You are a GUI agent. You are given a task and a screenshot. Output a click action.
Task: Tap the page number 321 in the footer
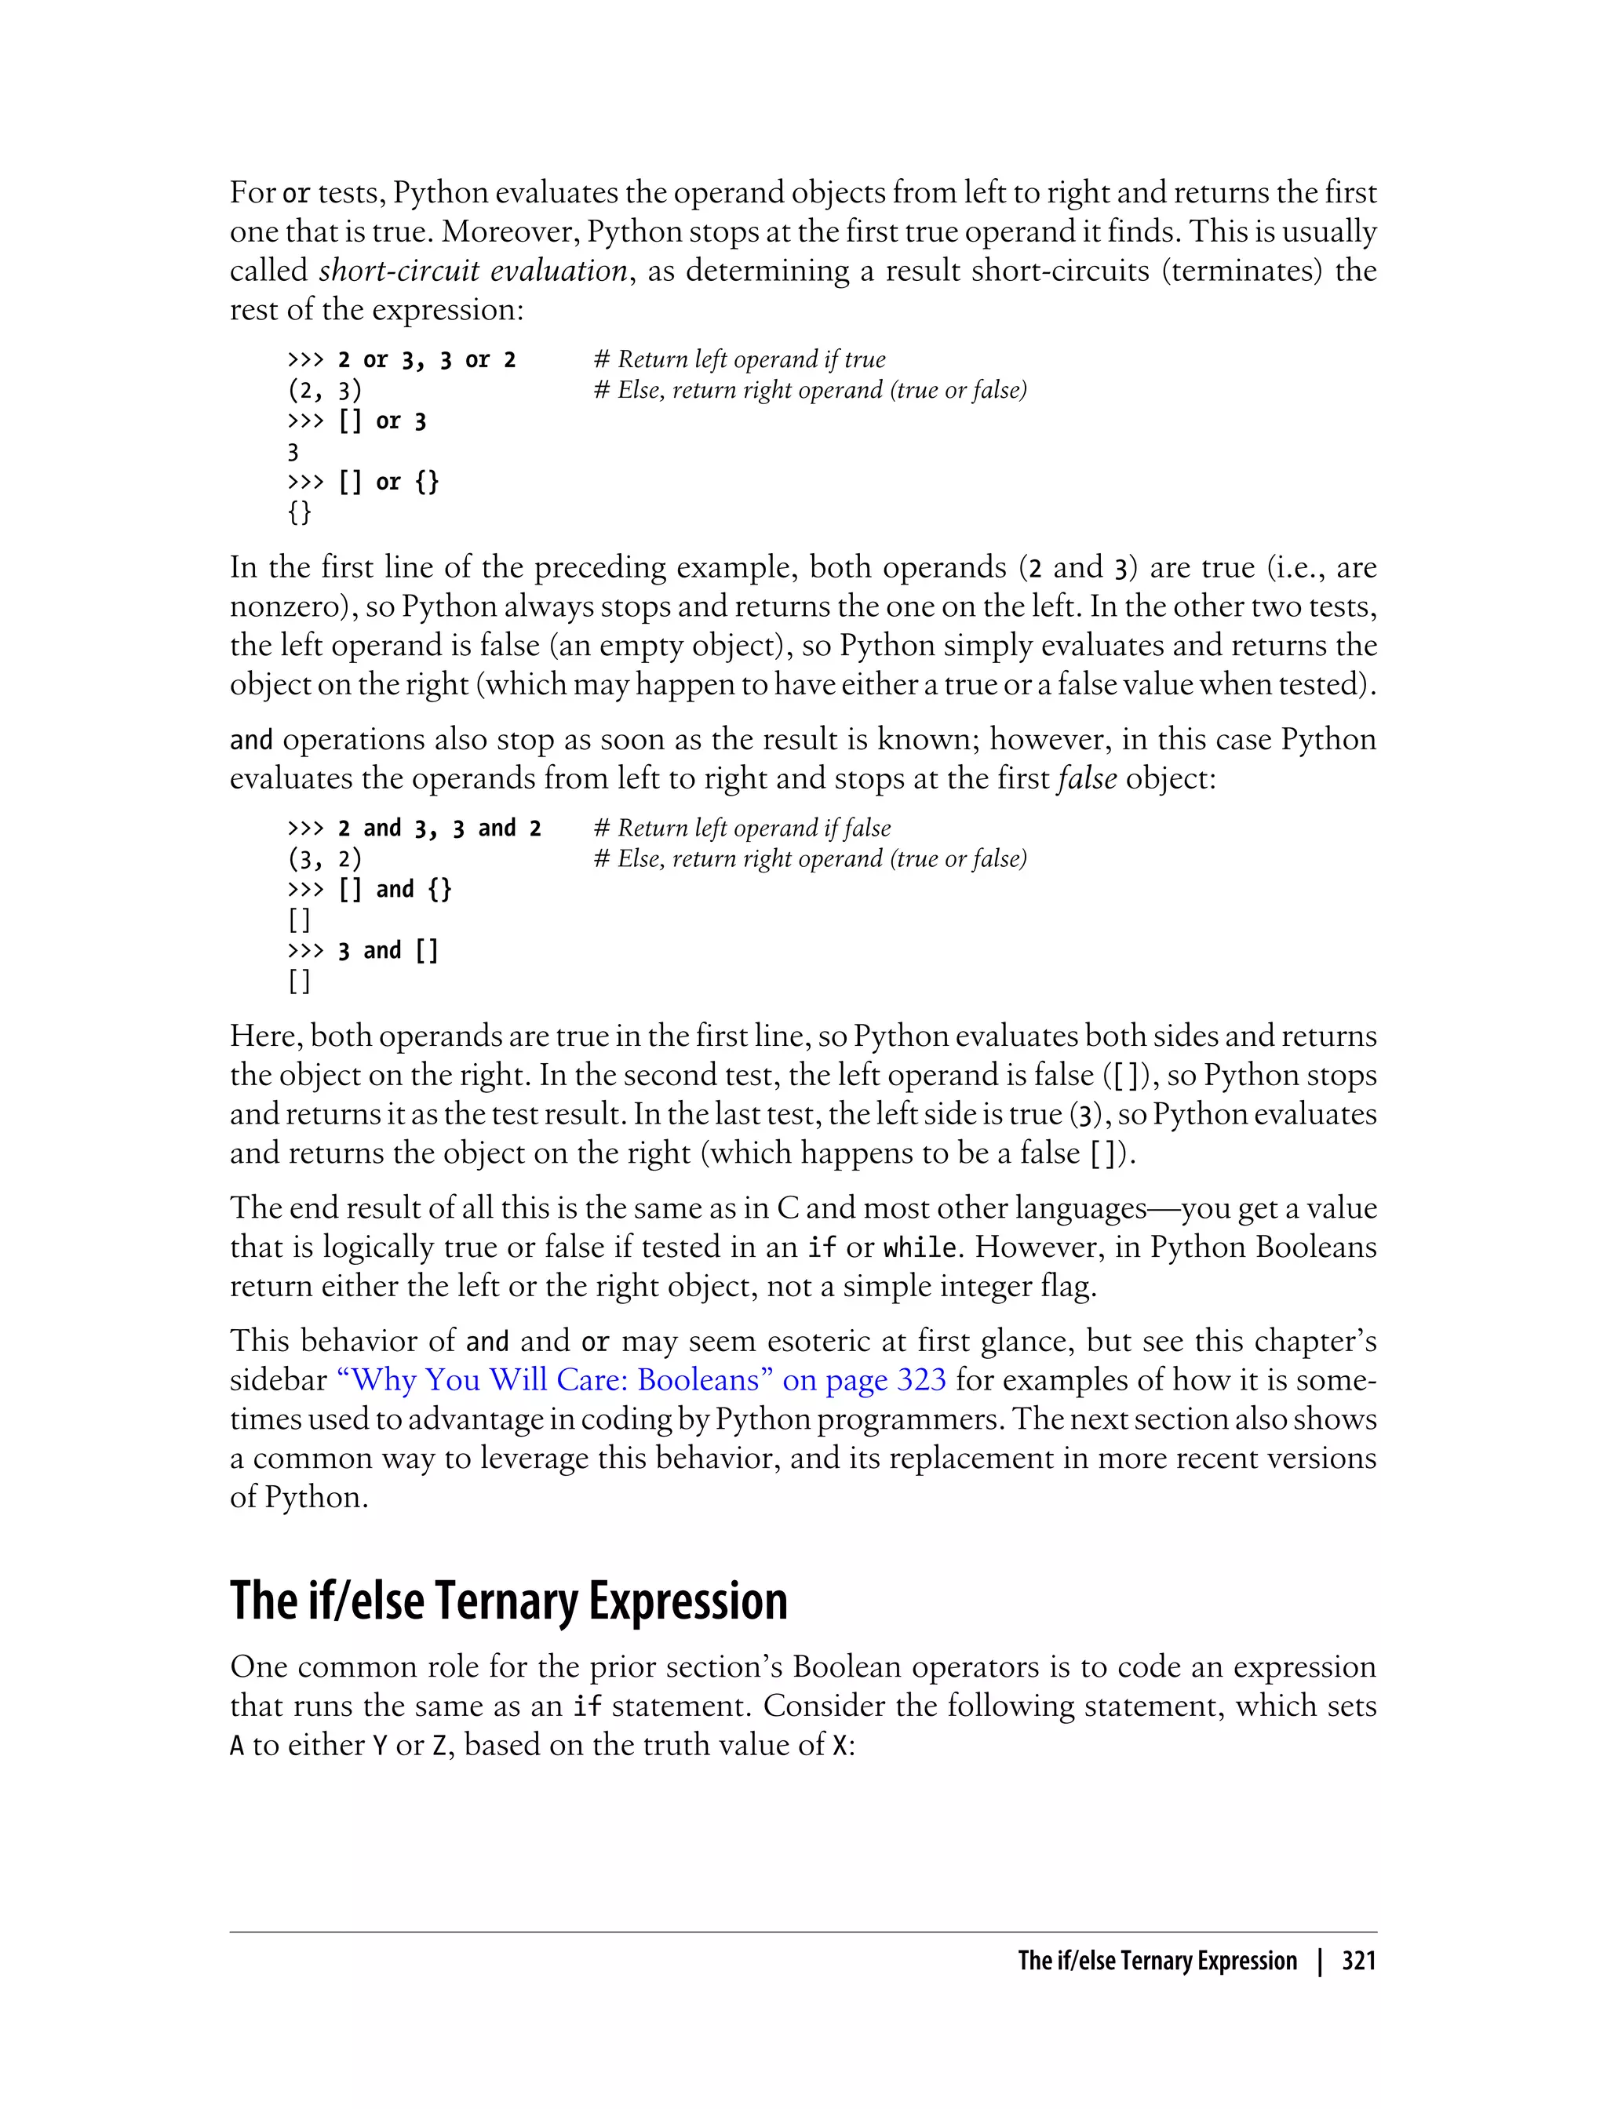click(x=1358, y=1960)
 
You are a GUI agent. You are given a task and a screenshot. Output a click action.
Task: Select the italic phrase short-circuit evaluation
click(x=472, y=271)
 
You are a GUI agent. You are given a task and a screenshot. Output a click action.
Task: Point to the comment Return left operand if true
click(x=739, y=359)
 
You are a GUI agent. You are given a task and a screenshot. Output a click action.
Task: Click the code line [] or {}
click(x=388, y=482)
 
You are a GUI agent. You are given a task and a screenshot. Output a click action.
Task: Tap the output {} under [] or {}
click(x=300, y=512)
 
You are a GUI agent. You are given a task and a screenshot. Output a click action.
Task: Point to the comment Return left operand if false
click(x=742, y=829)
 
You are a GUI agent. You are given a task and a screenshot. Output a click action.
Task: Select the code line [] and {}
click(x=394, y=890)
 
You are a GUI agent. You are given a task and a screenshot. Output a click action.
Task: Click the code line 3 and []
click(x=388, y=951)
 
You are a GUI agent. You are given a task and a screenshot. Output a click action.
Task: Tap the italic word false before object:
click(x=1087, y=778)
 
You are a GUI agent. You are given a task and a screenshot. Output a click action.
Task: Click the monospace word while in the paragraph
click(x=920, y=1248)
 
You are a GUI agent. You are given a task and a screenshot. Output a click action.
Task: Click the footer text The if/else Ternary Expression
click(x=1157, y=1960)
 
